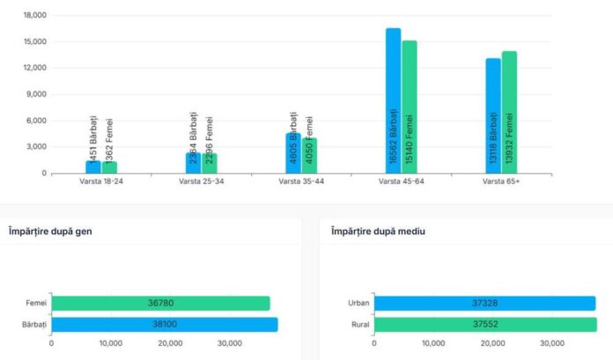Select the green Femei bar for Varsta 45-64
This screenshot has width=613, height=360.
coord(410,106)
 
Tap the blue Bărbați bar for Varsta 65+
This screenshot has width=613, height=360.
coord(492,114)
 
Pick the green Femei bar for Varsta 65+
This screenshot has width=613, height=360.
coord(509,112)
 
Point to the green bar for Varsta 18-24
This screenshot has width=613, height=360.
coord(109,166)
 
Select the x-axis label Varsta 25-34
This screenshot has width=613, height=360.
coord(202,182)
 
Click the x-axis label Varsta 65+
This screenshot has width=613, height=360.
coord(501,182)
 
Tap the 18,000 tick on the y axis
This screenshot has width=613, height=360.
coord(34,16)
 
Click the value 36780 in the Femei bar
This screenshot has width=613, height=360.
coord(161,304)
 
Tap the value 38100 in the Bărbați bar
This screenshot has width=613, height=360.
coord(165,324)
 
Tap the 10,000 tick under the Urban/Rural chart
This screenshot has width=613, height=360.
coord(433,343)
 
